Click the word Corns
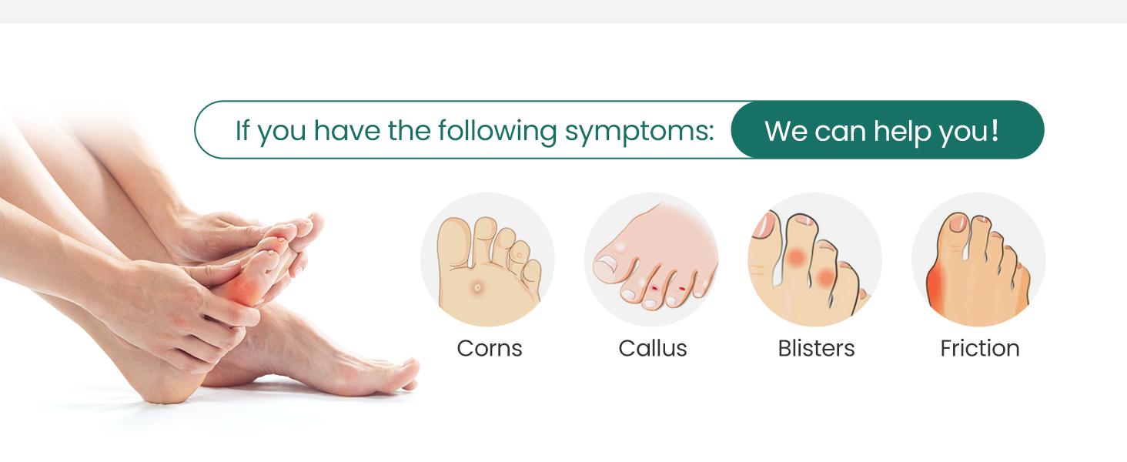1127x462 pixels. coord(490,349)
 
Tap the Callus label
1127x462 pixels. coord(653,349)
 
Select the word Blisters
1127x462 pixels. coord(816,349)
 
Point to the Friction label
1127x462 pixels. coord(979,349)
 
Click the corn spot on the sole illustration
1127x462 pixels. coord(478,288)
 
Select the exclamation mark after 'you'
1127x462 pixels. coord(995,129)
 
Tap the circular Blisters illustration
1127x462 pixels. coord(815,259)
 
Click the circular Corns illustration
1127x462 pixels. coord(487,259)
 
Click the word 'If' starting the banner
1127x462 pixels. coord(242,130)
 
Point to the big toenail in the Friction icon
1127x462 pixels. coord(958,223)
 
